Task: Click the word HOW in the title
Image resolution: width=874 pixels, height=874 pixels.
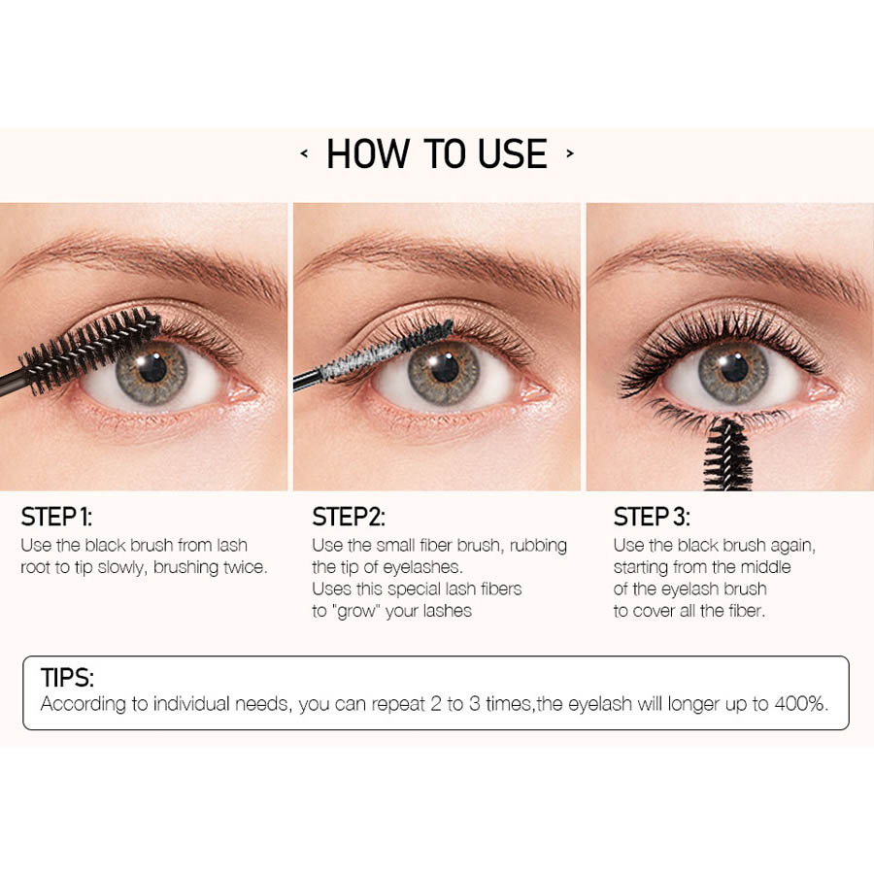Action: click(367, 153)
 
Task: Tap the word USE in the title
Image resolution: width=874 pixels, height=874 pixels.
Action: click(512, 153)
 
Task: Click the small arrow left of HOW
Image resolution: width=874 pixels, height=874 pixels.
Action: click(304, 153)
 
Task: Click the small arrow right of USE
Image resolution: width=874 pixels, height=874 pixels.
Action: click(570, 153)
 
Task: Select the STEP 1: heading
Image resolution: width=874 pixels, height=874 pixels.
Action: click(56, 517)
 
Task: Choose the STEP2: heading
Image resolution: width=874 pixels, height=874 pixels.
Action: click(349, 517)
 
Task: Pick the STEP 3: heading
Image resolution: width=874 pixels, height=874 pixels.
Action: click(652, 517)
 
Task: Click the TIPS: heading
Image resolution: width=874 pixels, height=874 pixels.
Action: click(67, 678)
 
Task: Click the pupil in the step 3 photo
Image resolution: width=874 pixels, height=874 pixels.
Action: click(734, 368)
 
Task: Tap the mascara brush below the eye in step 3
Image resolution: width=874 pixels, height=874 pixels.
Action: click(728, 455)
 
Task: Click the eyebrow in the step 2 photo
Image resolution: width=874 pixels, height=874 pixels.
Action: click(438, 262)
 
